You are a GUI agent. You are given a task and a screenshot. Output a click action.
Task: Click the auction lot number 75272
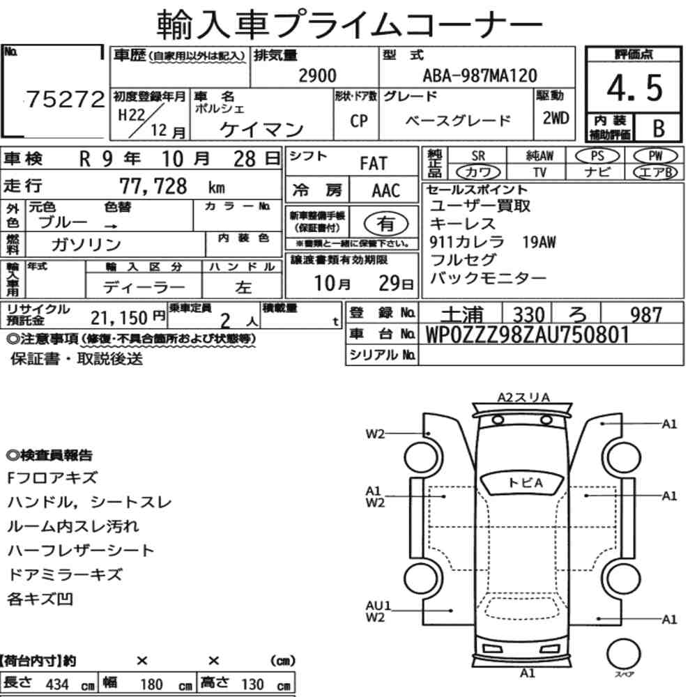(66, 99)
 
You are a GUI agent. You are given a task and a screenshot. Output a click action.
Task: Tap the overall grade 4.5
(634, 88)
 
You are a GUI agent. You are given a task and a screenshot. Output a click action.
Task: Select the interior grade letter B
(659, 128)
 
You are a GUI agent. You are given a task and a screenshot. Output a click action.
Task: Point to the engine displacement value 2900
(317, 75)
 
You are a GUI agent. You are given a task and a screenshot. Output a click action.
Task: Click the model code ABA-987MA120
(480, 75)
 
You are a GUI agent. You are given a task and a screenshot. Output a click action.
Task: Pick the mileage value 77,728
(153, 186)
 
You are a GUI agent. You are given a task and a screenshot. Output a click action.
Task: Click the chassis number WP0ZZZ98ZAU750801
(528, 335)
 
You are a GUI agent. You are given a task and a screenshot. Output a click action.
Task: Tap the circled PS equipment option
(597, 156)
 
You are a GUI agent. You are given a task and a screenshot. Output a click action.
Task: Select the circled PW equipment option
(655, 156)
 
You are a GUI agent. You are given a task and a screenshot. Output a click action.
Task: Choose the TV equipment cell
(539, 171)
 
